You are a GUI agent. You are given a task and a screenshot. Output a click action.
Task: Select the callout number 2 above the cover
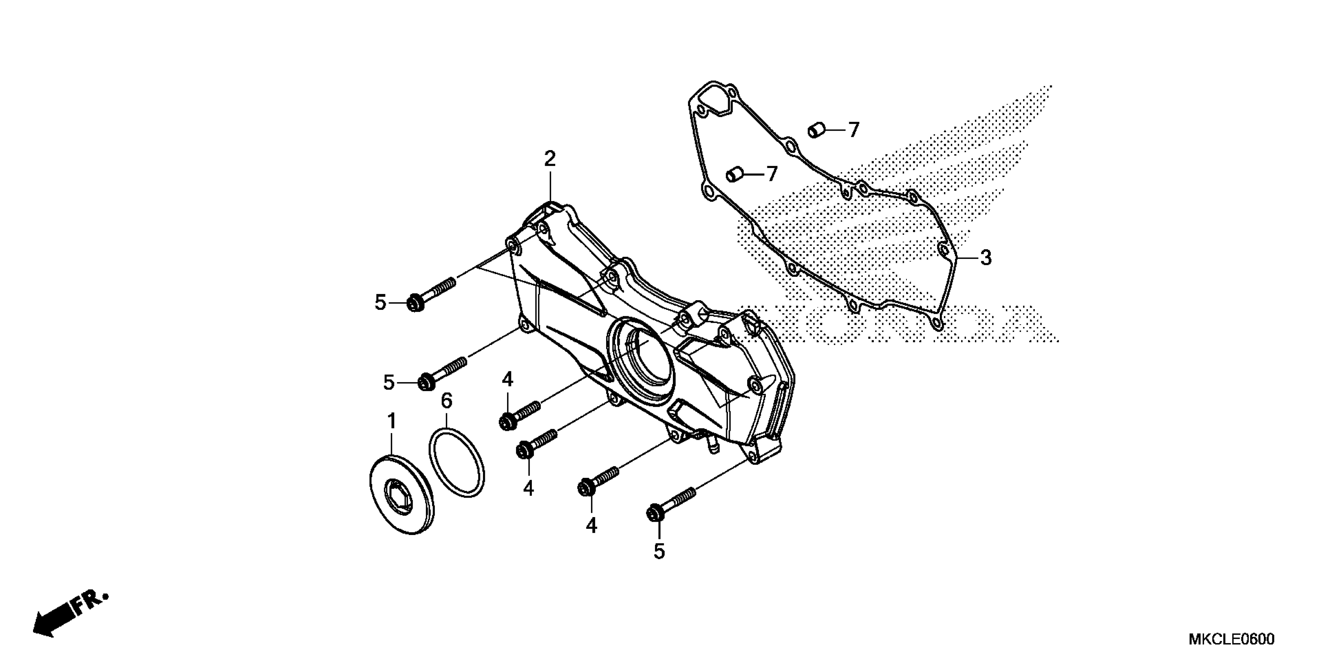[550, 159]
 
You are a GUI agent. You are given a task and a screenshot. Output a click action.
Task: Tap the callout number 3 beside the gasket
[986, 258]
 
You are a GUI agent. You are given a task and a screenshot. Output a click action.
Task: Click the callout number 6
[447, 401]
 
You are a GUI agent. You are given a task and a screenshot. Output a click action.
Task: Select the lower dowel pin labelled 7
[734, 175]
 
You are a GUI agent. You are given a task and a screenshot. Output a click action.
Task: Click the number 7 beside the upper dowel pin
[853, 130]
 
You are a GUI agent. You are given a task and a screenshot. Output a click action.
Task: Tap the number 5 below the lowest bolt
[659, 552]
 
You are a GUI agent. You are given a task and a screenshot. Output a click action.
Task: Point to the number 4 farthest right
[591, 526]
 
